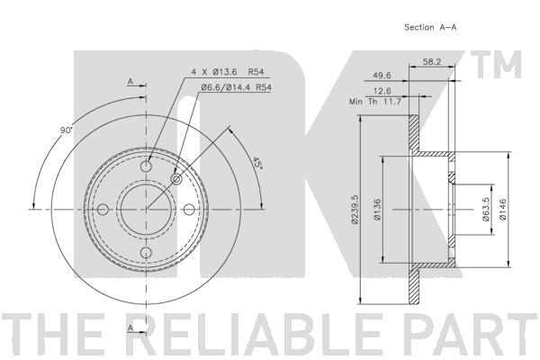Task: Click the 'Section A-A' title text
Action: point(430,27)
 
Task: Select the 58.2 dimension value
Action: point(432,62)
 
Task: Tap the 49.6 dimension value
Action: point(382,75)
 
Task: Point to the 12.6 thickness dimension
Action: point(382,91)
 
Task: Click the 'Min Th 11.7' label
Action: point(375,102)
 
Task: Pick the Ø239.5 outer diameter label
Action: point(355,210)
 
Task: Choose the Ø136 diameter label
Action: point(377,210)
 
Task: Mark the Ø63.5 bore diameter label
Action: point(486,210)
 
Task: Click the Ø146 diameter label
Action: point(502,209)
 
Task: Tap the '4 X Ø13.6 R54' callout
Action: point(228,72)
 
